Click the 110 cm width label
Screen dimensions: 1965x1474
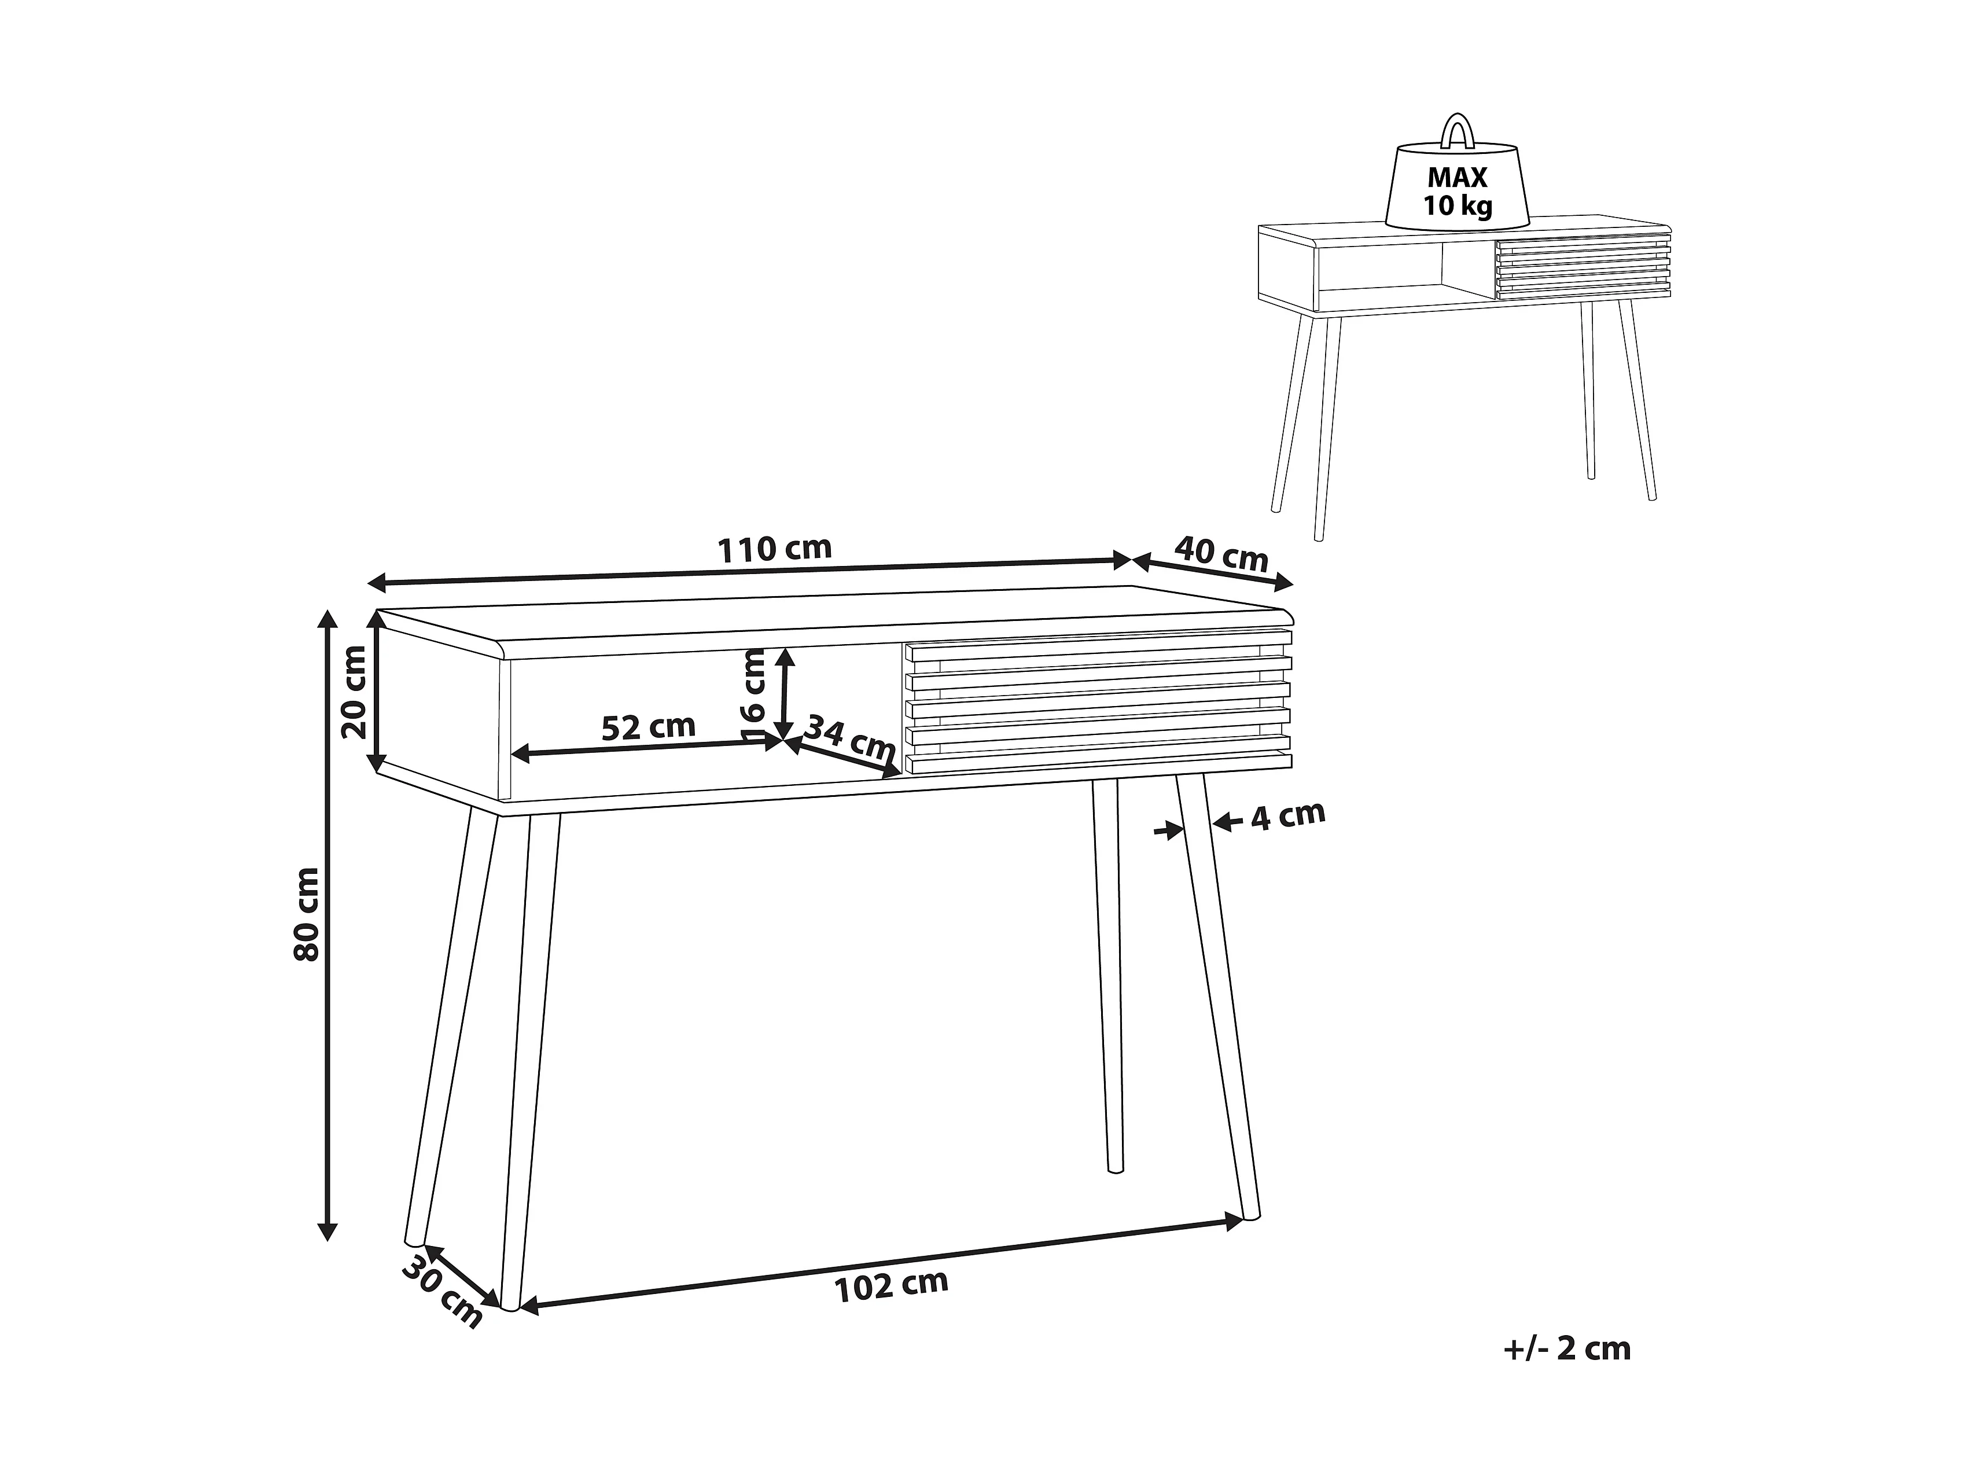point(775,549)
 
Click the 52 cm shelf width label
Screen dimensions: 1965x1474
point(649,727)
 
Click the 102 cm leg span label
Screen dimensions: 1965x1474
point(891,1285)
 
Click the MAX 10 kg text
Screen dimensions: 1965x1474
point(1458,191)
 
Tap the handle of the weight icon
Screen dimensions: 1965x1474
point(1457,129)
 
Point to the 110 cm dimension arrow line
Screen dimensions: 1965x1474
point(750,571)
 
